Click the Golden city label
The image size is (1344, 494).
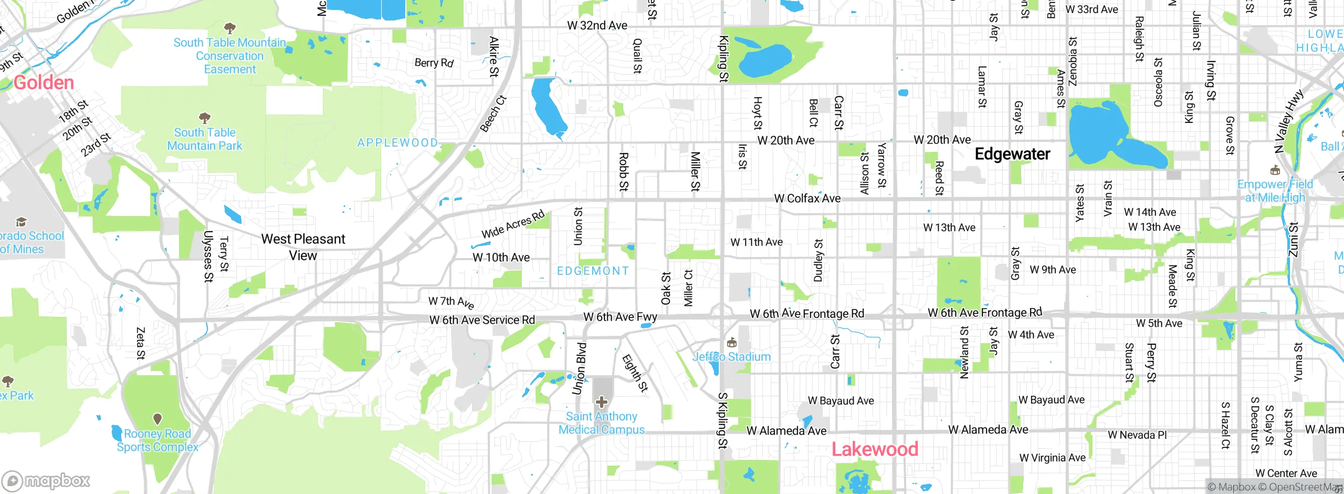44,83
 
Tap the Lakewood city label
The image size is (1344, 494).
875,449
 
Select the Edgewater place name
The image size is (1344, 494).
1012,154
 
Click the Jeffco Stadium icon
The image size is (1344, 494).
732,343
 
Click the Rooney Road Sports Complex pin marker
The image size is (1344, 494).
157,419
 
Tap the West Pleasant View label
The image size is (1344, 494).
303,247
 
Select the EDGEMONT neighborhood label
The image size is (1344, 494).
593,271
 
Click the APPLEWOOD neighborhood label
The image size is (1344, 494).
397,143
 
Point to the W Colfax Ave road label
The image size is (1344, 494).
807,199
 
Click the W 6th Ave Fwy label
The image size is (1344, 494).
620,317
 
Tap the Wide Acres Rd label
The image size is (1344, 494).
513,224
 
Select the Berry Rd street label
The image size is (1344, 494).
434,63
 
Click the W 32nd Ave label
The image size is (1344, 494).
597,25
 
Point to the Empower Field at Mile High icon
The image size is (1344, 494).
1275,170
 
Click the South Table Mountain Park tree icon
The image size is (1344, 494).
205,118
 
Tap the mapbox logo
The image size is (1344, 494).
46,480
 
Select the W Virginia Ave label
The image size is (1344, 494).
1052,458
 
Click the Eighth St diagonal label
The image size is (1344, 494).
635,373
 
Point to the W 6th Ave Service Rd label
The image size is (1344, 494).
482,320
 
